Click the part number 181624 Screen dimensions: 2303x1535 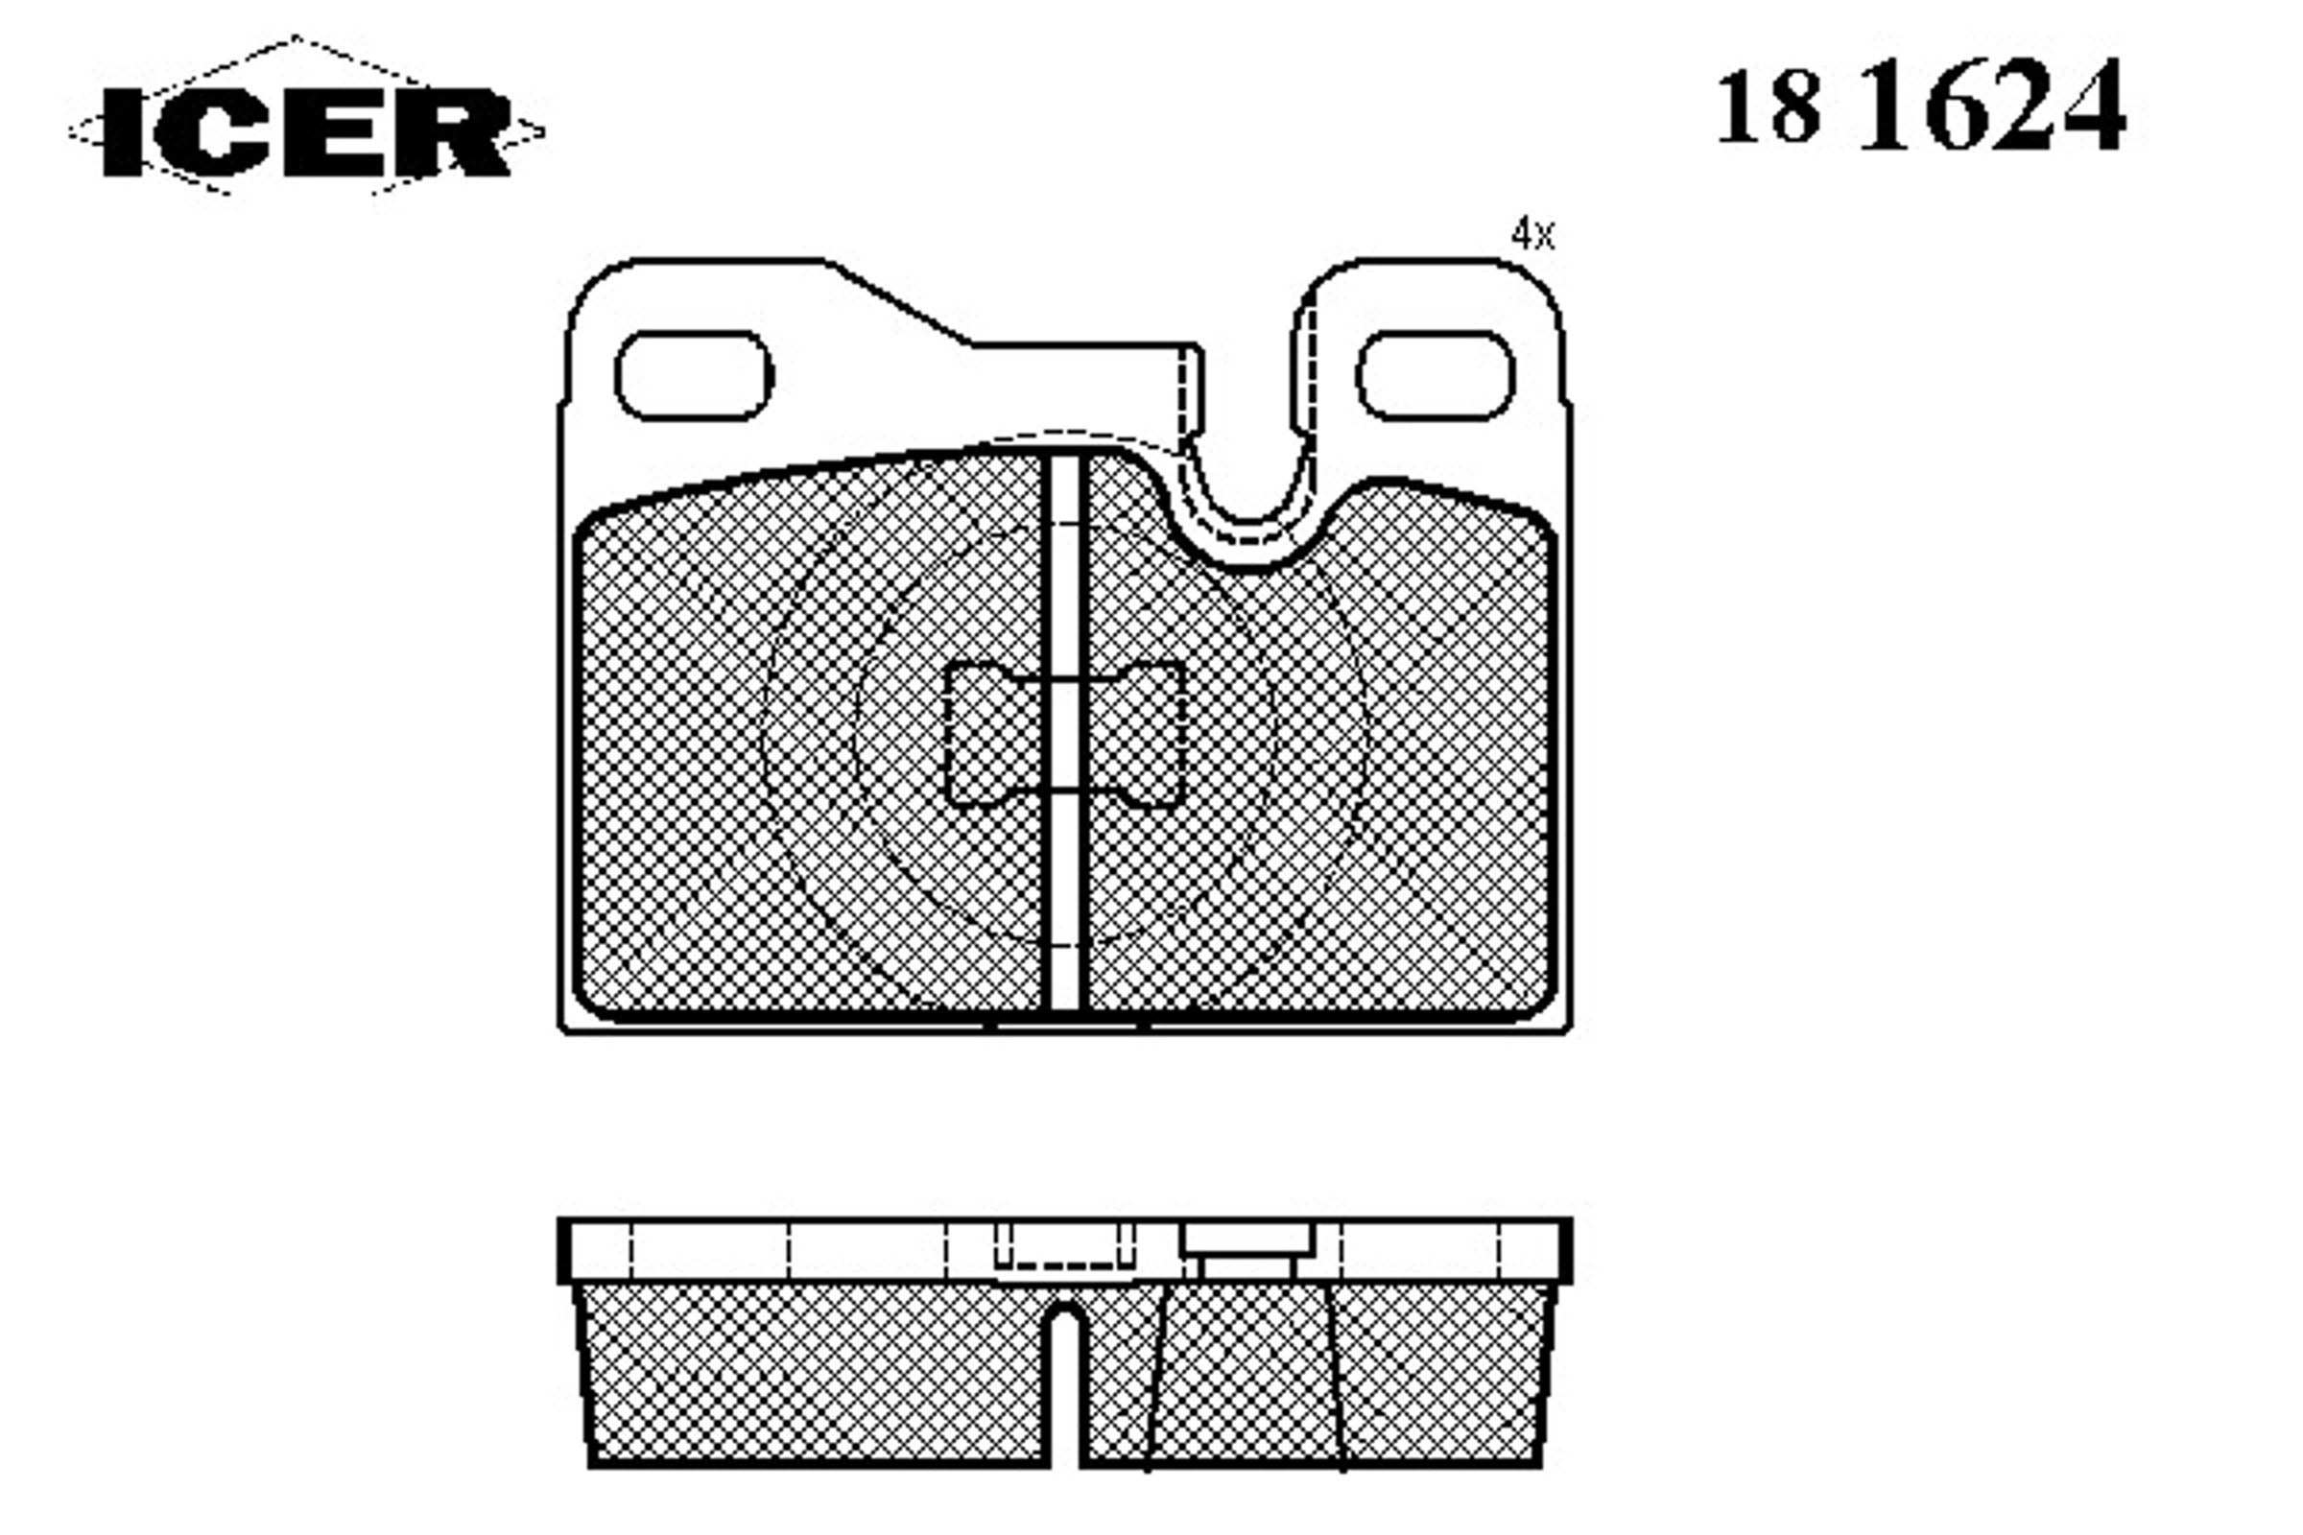tap(1922, 105)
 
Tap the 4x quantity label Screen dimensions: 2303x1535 tap(1532, 235)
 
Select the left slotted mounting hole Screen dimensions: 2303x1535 tap(694, 376)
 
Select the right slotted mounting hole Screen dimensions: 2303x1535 tap(1436, 376)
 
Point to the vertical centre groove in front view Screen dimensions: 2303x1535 tap(1064, 734)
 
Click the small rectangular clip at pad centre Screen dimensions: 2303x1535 tap(1064, 734)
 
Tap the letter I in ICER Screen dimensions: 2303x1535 tap(124, 132)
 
